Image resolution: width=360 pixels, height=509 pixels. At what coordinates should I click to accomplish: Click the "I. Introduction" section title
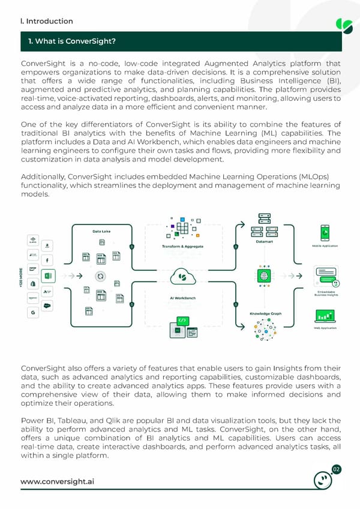point(47,21)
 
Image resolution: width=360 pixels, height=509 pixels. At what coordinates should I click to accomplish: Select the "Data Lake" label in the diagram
point(100,232)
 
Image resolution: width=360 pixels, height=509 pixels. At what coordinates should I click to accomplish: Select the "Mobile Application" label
point(325,246)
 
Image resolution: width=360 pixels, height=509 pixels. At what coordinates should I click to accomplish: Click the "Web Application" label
point(324,328)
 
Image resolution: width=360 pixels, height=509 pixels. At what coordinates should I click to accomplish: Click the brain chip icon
point(263,276)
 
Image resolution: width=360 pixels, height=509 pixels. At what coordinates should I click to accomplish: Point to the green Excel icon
point(50,277)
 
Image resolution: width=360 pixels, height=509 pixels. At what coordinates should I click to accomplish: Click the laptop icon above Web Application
point(325,316)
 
